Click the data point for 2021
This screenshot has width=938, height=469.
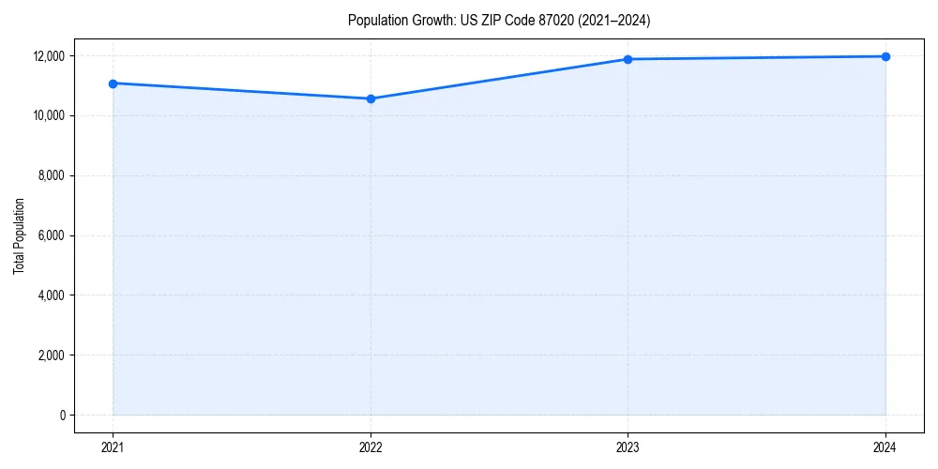pyautogui.click(x=113, y=83)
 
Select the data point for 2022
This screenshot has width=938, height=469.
pyautogui.click(x=371, y=98)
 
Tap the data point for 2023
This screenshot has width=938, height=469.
pyautogui.click(x=628, y=59)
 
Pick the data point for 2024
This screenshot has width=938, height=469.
pyautogui.click(x=885, y=56)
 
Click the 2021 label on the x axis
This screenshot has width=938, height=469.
pyautogui.click(x=113, y=446)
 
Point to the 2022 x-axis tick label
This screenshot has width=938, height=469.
pyautogui.click(x=371, y=446)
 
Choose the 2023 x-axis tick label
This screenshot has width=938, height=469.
pyautogui.click(x=628, y=446)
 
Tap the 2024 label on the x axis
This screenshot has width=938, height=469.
pyautogui.click(x=885, y=446)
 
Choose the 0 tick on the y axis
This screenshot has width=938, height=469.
pyautogui.click(x=63, y=416)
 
